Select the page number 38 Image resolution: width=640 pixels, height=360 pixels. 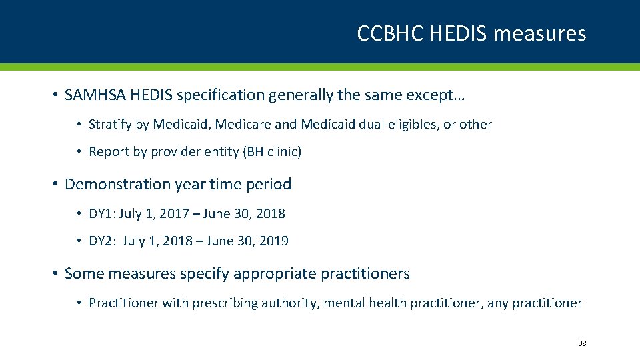pyautogui.click(x=582, y=343)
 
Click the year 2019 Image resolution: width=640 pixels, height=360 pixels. pyautogui.click(x=274, y=241)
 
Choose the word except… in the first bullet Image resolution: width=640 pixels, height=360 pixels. pyautogui.click(x=441, y=96)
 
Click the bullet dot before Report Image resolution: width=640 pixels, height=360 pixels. pyautogui.click(x=79, y=152)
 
